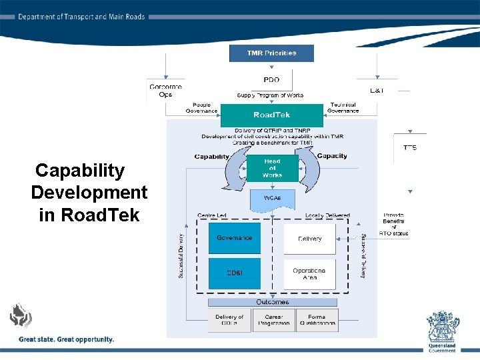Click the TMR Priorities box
coord(271,53)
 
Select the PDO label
coord(271,80)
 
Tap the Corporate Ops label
coord(165,90)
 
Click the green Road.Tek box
coord(271,115)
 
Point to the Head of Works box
coord(272,169)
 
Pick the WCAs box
coord(272,199)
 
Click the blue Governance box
coord(235,238)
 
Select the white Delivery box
coord(309,239)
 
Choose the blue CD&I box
coord(235,273)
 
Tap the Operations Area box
coord(309,274)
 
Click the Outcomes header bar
coord(272,302)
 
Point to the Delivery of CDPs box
coord(230,320)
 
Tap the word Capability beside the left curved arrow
coord(211,157)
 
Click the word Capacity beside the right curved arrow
coord(332,156)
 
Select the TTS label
coord(410,147)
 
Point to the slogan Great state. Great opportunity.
coord(67,339)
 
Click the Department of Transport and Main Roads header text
coord(81,17)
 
